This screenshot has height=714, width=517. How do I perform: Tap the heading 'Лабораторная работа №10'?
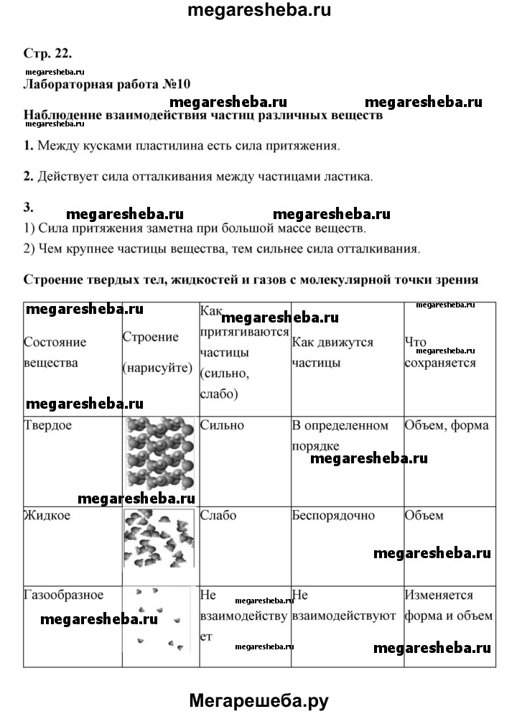108,85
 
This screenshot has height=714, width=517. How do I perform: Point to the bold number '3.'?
29,207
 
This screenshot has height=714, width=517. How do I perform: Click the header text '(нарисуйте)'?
158,367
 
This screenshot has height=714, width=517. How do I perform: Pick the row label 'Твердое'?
47,425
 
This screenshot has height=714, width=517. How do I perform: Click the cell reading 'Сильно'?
222,425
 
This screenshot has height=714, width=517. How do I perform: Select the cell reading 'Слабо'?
218,515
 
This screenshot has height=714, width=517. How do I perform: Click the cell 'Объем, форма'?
447,425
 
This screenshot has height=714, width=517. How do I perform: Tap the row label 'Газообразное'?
63,595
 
